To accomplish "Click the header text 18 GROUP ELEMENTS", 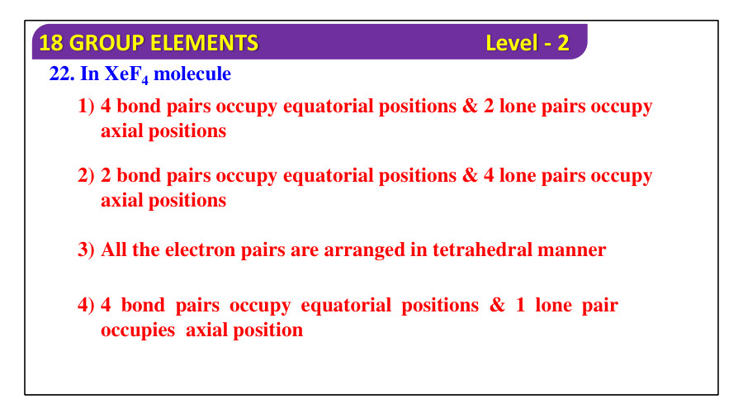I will tap(149, 43).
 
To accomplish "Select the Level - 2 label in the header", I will tap(527, 43).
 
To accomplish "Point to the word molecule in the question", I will tap(192, 74).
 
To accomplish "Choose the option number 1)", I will tap(87, 107).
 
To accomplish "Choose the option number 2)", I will tap(87, 176).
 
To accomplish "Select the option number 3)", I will tap(87, 250).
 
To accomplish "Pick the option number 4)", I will tap(87, 306).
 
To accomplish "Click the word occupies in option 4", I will tap(138, 330).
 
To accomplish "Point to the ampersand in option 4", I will tap(497, 306).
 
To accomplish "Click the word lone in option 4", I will tap(553, 306).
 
